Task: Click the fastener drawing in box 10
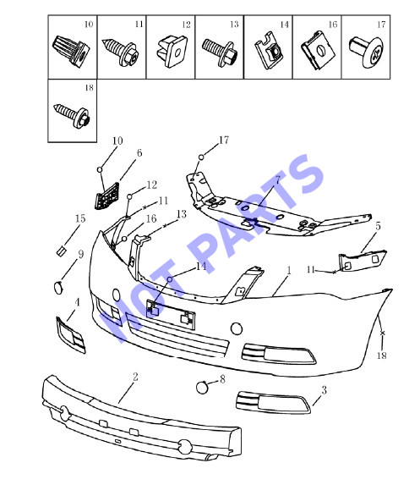click(71, 51)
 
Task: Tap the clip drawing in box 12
click(172, 52)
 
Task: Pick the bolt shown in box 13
click(218, 52)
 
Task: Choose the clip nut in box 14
click(269, 50)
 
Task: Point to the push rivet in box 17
click(366, 52)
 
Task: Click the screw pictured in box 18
click(72, 115)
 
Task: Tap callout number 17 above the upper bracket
click(224, 140)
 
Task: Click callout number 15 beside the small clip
click(80, 218)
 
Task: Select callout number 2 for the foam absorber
click(135, 377)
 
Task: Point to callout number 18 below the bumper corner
click(382, 355)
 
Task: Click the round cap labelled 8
click(202, 388)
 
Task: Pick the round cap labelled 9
click(59, 288)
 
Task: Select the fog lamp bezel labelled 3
click(274, 403)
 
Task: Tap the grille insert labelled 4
click(71, 334)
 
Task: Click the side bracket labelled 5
click(363, 261)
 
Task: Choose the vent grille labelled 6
click(107, 196)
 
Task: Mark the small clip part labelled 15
click(61, 251)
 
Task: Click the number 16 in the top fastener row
click(333, 25)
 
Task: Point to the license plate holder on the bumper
click(171, 314)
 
